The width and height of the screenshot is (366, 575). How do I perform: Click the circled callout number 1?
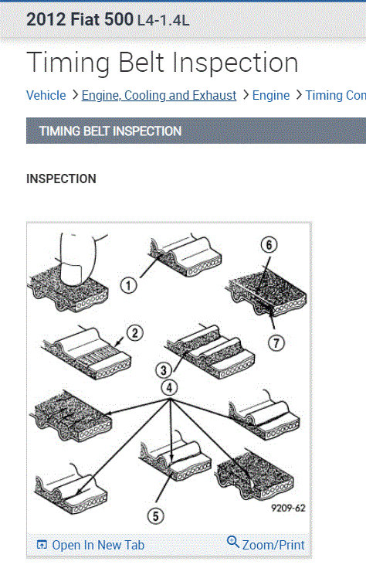coord(128,285)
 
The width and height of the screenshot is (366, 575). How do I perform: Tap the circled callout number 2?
coord(135,333)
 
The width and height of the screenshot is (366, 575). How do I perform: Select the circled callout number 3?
coord(164,370)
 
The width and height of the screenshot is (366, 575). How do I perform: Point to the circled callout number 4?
coord(169,388)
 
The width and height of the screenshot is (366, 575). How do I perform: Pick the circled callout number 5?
coord(155,516)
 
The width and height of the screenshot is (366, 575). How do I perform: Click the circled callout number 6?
coord(269,245)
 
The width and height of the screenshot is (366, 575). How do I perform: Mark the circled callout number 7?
coord(276,343)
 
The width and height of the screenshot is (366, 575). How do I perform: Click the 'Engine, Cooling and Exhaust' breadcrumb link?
coord(159,95)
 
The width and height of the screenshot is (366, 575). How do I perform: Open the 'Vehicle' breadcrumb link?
coord(46,95)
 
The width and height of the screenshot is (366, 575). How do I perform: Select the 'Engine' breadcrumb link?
coord(271,95)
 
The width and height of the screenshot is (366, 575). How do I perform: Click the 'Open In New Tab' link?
coord(98,545)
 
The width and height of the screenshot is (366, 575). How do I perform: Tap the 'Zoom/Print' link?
coord(273,545)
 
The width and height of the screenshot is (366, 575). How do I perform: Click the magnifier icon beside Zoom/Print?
coord(233,542)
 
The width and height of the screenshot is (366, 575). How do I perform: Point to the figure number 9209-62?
coord(288,508)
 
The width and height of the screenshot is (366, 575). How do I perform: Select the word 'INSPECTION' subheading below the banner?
coord(61,179)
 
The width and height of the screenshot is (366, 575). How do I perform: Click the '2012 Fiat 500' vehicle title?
coord(80,19)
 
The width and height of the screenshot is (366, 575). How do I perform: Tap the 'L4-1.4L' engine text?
coord(164,21)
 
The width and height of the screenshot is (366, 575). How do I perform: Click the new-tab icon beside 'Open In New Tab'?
coord(42,545)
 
